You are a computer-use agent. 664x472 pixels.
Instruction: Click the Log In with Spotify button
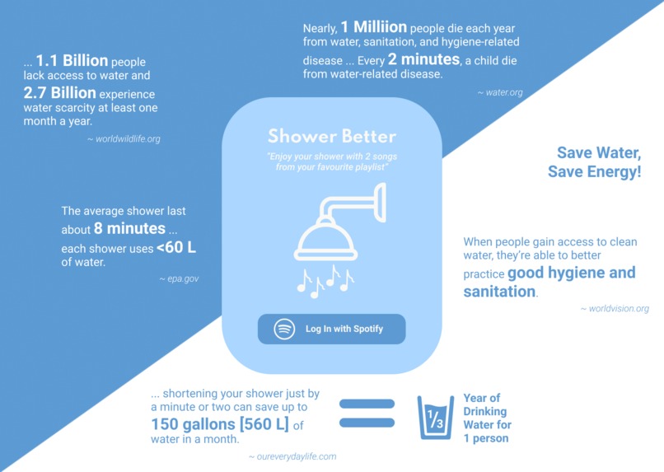point(331,329)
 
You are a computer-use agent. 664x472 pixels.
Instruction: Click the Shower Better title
point(331,137)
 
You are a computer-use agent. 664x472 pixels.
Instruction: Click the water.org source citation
point(500,92)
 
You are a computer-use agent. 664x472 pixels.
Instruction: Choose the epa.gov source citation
point(179,279)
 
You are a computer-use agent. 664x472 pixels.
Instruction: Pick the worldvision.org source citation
point(615,309)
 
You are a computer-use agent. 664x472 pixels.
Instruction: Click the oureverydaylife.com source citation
point(292,456)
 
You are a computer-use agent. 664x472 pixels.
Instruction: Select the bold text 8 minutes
point(136,228)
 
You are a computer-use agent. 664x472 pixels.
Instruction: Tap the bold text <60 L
point(176,247)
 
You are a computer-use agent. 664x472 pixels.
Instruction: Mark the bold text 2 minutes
point(423,59)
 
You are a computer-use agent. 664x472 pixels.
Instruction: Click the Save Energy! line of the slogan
point(594,172)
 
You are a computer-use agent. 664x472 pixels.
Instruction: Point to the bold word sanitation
point(499,292)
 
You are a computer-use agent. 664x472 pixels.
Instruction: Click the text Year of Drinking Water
point(486,411)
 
